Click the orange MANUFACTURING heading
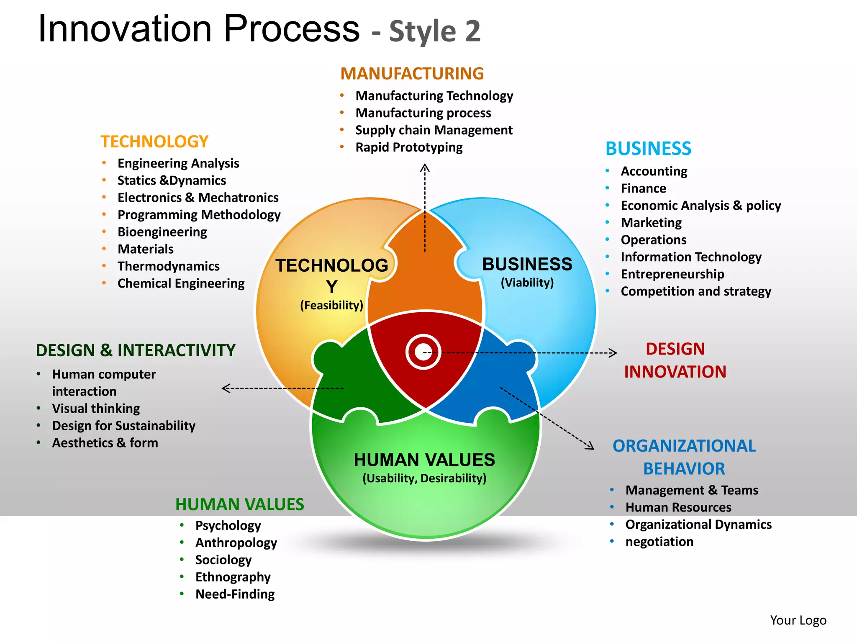pyautogui.click(x=412, y=74)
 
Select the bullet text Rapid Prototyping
pyautogui.click(x=409, y=147)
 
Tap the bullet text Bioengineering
pyautogui.click(x=162, y=232)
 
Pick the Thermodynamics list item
pyautogui.click(x=168, y=266)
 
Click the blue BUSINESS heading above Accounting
pyautogui.click(x=648, y=149)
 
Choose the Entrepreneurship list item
pyautogui.click(x=672, y=274)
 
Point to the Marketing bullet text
pyautogui.click(x=651, y=223)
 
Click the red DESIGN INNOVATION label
pyautogui.click(x=675, y=360)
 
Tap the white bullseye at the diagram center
pyautogui.click(x=423, y=352)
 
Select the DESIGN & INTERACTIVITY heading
pyautogui.click(x=136, y=350)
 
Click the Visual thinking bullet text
pyautogui.click(x=96, y=409)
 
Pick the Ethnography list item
pyautogui.click(x=233, y=577)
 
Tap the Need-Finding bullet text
pyautogui.click(x=235, y=594)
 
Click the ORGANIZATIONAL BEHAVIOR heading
pyautogui.click(x=684, y=457)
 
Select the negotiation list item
pyautogui.click(x=659, y=542)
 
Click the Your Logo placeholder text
pyautogui.click(x=798, y=620)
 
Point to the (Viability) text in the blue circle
pyautogui.click(x=527, y=283)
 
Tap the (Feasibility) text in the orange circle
pyautogui.click(x=331, y=305)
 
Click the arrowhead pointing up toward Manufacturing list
pyautogui.click(x=425, y=168)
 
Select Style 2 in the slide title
pyautogui.click(x=435, y=31)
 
